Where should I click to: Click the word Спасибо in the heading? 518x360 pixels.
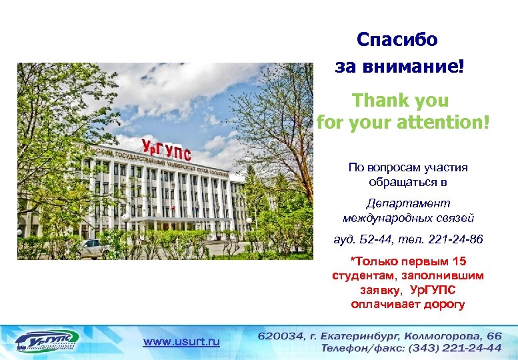pos(397,40)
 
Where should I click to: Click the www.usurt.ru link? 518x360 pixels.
pos(181,341)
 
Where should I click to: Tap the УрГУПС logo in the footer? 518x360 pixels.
pos(46,340)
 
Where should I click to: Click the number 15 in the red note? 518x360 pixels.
pos(458,261)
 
